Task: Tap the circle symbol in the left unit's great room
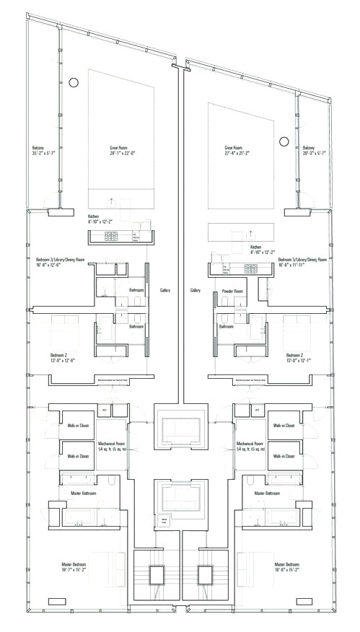[x=73, y=83]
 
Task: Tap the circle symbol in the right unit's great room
[x=284, y=141]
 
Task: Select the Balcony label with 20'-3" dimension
[x=314, y=150]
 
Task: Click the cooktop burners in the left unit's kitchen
[x=113, y=235]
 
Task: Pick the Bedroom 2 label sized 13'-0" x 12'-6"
[x=63, y=358]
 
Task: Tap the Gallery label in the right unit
[x=195, y=290]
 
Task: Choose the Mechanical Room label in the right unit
[x=249, y=446]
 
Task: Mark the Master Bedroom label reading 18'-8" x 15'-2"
[x=287, y=567]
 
